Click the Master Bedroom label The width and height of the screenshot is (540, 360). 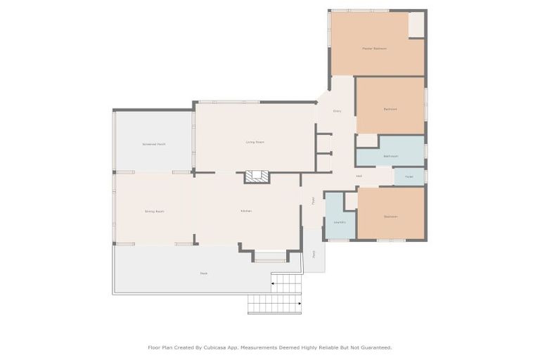(x=374, y=49)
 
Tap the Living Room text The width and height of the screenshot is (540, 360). (x=255, y=142)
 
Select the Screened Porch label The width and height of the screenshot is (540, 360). (x=153, y=144)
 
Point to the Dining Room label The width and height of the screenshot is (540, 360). (x=154, y=211)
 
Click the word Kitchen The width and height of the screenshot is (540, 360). (x=246, y=211)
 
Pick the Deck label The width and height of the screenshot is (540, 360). (x=204, y=274)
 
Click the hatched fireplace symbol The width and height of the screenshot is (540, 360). (x=257, y=176)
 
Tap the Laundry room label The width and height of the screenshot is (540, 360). (x=340, y=222)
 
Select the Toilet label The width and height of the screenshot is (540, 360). (x=409, y=176)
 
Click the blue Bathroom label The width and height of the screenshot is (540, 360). (x=391, y=156)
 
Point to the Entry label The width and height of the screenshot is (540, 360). (x=337, y=111)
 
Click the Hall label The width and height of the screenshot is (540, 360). (x=359, y=176)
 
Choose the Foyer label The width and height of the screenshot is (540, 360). (x=313, y=201)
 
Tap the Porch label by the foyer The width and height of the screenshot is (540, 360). (x=314, y=253)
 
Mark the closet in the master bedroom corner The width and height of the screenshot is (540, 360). (x=417, y=25)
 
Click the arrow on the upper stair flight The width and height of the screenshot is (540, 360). (x=274, y=284)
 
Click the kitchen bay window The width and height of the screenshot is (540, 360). (x=270, y=259)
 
